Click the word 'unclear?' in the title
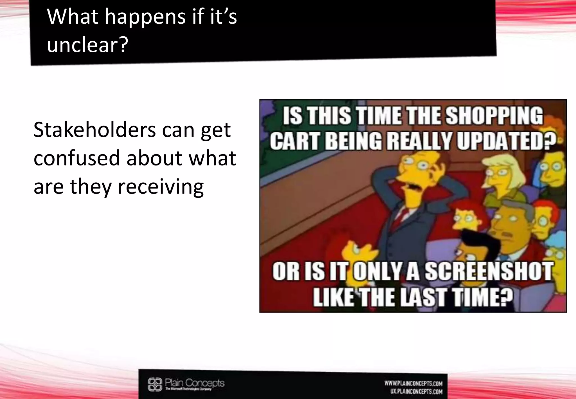87,45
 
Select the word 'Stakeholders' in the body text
94,130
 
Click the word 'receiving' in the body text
161,187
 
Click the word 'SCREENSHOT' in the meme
489,272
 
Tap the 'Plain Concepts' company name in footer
195,383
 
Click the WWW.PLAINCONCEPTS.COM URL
413,383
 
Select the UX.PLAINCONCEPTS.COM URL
416,391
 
